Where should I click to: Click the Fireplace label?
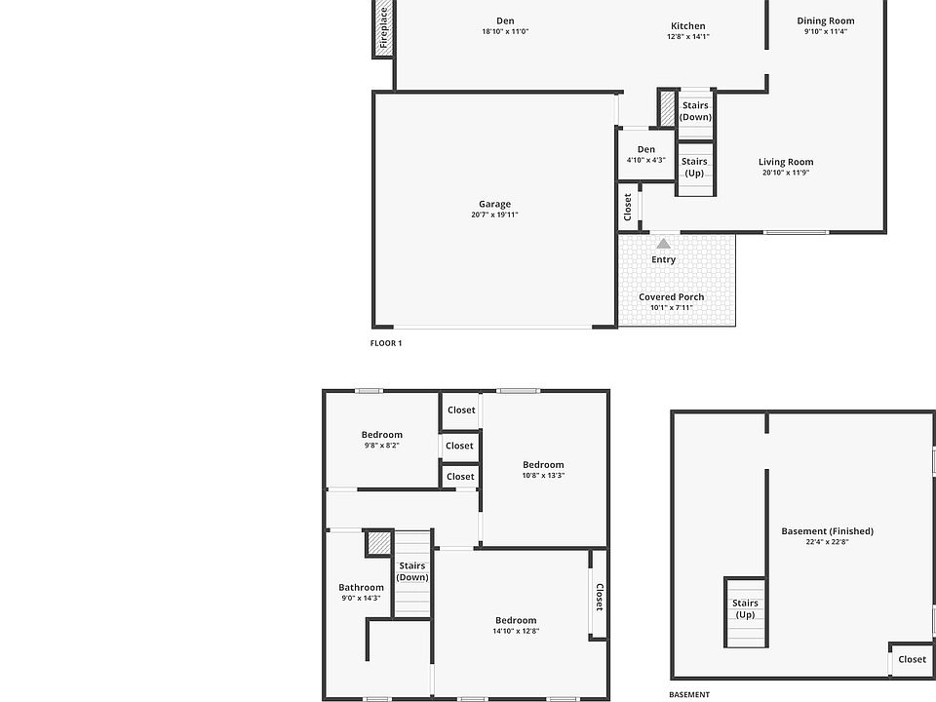click(x=384, y=28)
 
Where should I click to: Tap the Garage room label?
click(x=495, y=204)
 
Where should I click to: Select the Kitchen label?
click(x=688, y=25)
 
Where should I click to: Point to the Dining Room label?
click(x=826, y=20)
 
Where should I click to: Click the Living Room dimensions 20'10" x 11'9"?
click(x=786, y=173)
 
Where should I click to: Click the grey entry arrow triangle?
click(x=663, y=244)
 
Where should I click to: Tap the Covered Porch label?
click(x=672, y=296)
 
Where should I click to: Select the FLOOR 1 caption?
click(x=386, y=343)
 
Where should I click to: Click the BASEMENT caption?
click(x=689, y=694)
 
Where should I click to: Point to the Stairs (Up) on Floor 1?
click(x=694, y=167)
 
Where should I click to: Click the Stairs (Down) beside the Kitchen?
click(x=695, y=111)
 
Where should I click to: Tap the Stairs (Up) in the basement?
click(x=745, y=608)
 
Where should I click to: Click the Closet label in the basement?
click(x=913, y=659)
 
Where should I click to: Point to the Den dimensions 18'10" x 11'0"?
click(x=506, y=31)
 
